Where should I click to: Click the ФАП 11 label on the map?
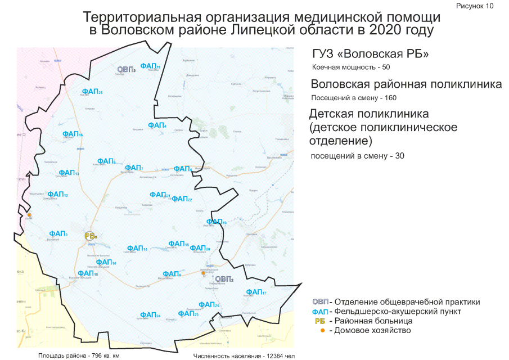(x=151, y=66)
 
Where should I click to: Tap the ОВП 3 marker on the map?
(x=126, y=69)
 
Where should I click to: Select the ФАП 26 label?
(x=92, y=91)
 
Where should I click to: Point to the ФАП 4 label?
(x=157, y=125)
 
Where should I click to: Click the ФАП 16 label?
(x=73, y=134)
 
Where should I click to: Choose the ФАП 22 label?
(x=182, y=199)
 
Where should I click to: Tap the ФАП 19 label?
(x=216, y=222)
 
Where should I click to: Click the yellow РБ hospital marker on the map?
(x=91, y=236)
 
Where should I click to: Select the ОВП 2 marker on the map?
(x=224, y=278)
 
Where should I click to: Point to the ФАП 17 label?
(x=256, y=292)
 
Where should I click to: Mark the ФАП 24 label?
(x=150, y=315)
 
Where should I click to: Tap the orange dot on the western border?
(x=29, y=214)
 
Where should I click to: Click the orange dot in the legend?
(x=322, y=330)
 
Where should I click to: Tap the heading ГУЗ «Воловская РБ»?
(x=371, y=55)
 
